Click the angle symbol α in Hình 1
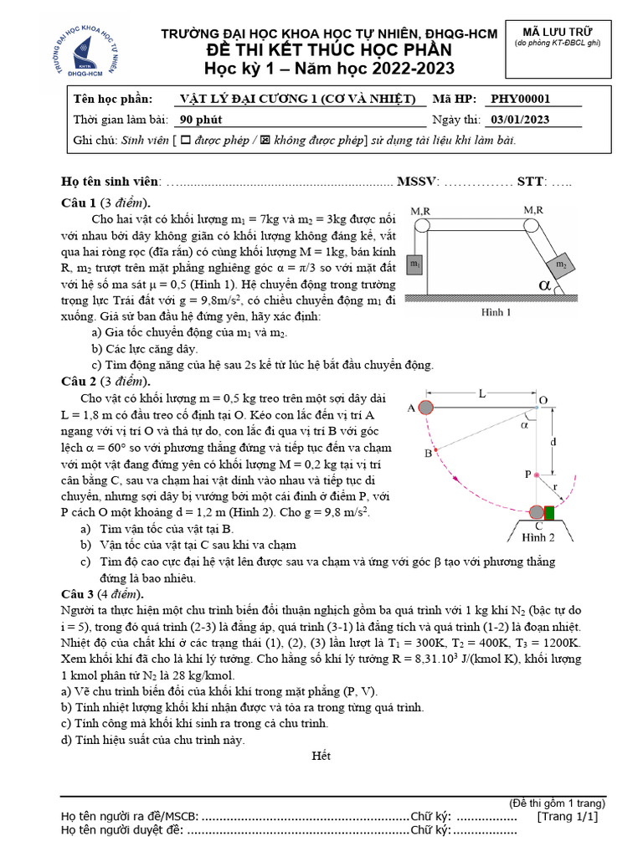tap(547, 286)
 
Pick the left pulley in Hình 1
tap(420, 225)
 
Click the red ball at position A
tap(424, 408)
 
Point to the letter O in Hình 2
tap(543, 400)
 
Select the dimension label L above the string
tap(481, 393)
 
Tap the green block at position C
tap(549, 512)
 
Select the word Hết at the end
tap(321, 756)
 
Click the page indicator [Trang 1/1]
tap(568, 816)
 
